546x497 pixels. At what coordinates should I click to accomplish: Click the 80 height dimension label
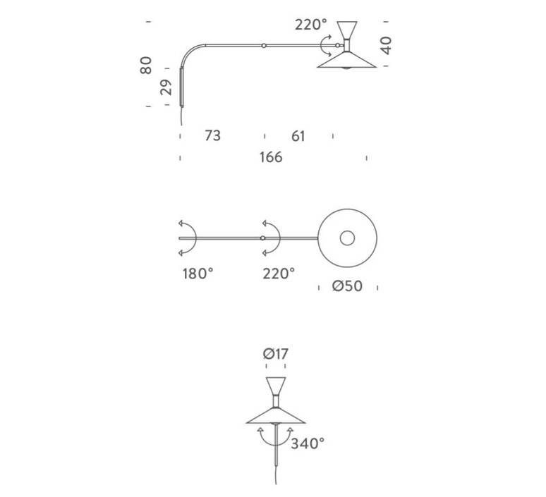[146, 65]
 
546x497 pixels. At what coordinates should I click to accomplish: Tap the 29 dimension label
[166, 87]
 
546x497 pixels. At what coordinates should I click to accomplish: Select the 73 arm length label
[212, 135]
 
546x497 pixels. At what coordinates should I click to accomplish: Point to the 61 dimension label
[298, 136]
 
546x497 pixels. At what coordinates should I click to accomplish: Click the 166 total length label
[271, 157]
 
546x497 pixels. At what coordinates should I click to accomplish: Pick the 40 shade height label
[386, 45]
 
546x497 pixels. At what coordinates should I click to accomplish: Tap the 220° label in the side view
[311, 25]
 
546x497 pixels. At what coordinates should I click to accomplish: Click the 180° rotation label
[198, 274]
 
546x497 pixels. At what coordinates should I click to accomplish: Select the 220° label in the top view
[279, 274]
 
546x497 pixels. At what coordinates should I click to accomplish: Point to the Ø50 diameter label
[347, 286]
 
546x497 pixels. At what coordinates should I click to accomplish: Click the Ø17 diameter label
[275, 354]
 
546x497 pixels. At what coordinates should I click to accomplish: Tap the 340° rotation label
[308, 443]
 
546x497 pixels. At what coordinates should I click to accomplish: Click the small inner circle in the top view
[347, 238]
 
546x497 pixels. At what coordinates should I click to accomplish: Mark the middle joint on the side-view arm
[264, 45]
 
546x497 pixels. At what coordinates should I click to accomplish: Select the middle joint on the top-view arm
[262, 238]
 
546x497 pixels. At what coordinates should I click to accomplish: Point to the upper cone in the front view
[276, 386]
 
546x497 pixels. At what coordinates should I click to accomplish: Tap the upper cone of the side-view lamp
[347, 31]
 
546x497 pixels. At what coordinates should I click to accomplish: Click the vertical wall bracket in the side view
[181, 87]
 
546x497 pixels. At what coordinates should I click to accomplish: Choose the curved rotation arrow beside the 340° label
[275, 437]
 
